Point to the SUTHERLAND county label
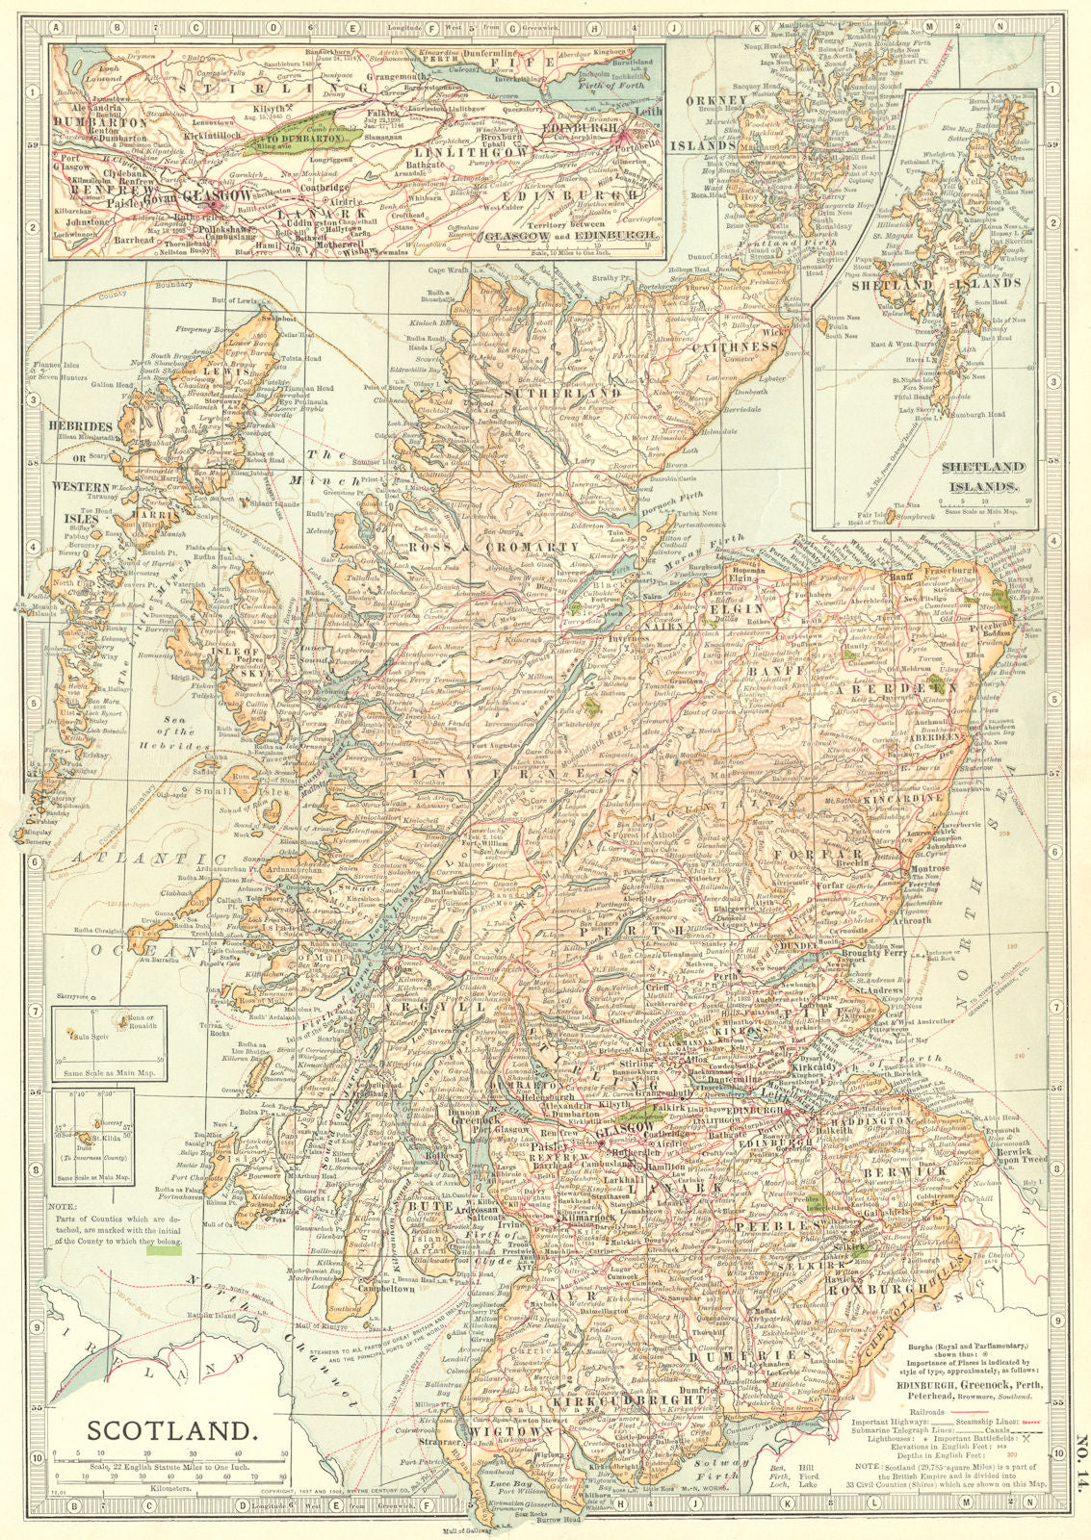click(x=551, y=395)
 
